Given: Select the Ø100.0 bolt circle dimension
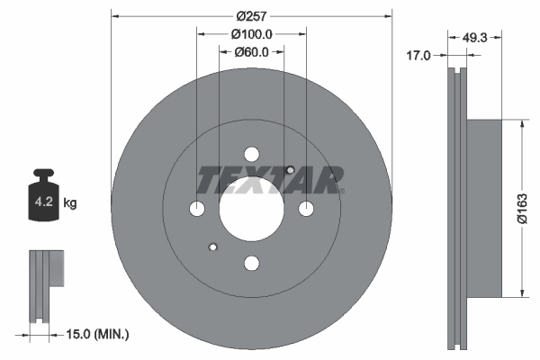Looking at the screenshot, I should (x=251, y=33).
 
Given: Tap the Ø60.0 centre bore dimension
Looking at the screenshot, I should (x=253, y=51).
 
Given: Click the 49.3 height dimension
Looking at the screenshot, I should (x=474, y=38).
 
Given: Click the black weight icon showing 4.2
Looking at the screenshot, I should (x=43, y=191).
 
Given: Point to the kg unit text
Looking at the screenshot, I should (x=71, y=203).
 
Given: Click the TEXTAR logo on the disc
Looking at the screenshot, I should (x=270, y=179).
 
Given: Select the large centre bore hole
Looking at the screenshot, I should (x=252, y=208).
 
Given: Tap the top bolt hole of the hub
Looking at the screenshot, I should (x=252, y=154).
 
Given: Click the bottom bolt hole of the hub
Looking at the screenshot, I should (x=252, y=262).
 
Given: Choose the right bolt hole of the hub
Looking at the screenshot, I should (x=306, y=209).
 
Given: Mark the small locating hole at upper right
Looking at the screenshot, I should (x=289, y=170).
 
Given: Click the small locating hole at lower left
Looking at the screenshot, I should (x=212, y=247).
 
